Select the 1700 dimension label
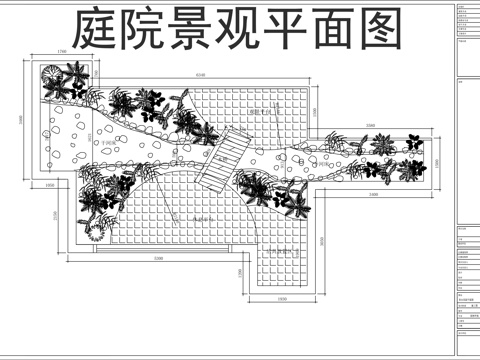point(63,51)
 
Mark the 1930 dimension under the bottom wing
point(282,299)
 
